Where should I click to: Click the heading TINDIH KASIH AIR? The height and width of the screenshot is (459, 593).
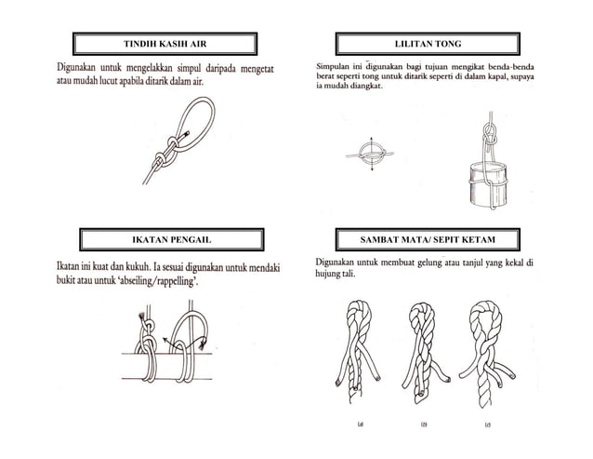point(165,44)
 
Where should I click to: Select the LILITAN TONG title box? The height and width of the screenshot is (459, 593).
point(427,44)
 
